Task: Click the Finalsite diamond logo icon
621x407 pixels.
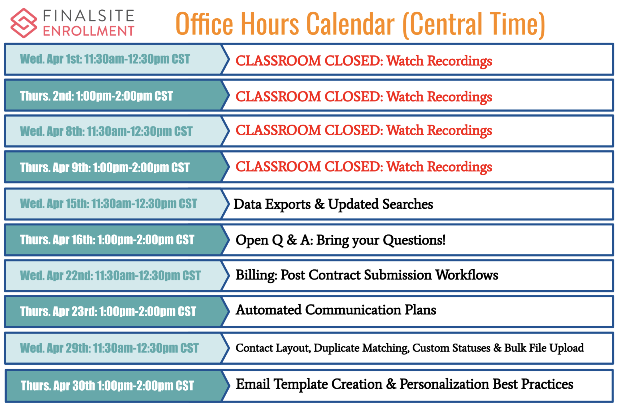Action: pyautogui.click(x=24, y=23)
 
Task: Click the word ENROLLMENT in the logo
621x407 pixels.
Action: pyautogui.click(x=89, y=31)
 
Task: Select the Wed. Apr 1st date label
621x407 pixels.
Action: pyautogui.click(x=105, y=59)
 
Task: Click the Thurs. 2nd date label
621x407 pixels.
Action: pyautogui.click(x=97, y=96)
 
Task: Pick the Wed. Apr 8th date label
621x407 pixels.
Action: pyautogui.click(x=106, y=131)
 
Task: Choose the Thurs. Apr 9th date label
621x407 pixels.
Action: pyautogui.click(x=105, y=168)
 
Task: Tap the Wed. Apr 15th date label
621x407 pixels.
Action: pyautogui.click(x=109, y=204)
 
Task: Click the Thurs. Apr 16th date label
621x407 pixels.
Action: pyautogui.click(x=107, y=240)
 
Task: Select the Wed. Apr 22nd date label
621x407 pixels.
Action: pyautogui.click(x=110, y=275)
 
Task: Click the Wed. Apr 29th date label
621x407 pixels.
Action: pyautogui.click(x=109, y=348)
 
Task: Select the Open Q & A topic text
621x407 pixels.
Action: pyautogui.click(x=340, y=240)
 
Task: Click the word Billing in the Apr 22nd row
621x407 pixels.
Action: pyautogui.click(x=256, y=275)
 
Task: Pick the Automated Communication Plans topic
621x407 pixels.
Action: pyautogui.click(x=336, y=310)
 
